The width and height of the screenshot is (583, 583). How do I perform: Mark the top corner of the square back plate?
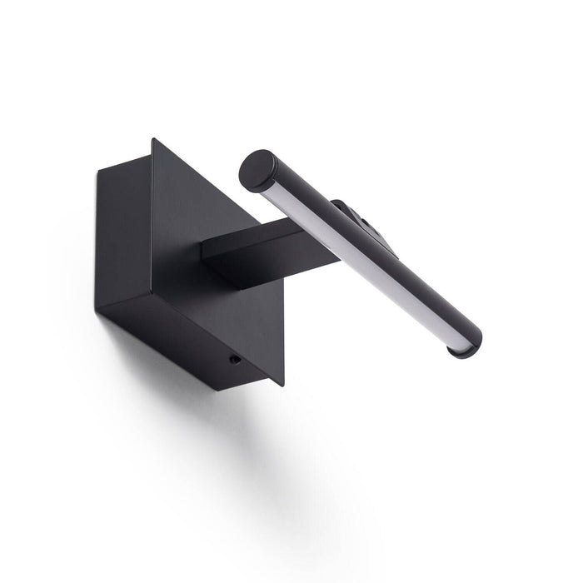click(152, 140)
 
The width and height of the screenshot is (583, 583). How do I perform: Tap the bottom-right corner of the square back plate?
click(282, 385)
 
